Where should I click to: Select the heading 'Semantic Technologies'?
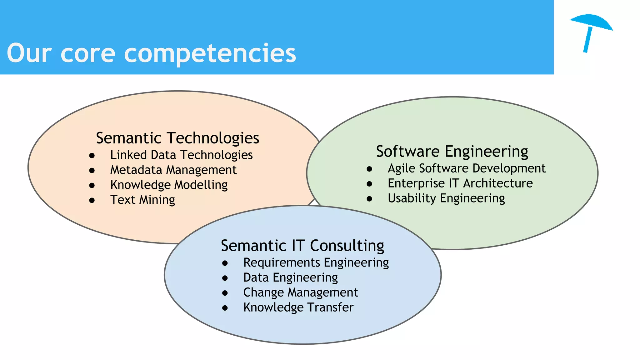point(177,138)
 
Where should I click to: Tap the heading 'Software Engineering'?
point(452,152)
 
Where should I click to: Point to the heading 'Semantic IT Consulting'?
point(302,246)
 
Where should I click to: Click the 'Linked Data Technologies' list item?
point(181,155)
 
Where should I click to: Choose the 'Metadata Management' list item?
point(173,170)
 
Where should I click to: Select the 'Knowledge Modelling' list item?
point(169,185)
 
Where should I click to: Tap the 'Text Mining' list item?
point(142,200)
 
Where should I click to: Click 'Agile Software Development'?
point(466,168)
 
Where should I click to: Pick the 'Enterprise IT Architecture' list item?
point(460,183)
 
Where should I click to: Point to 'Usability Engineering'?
point(446,198)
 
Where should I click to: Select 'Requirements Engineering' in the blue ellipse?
point(316,263)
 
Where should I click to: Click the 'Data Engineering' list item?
point(290,278)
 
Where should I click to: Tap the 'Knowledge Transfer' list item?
point(298,307)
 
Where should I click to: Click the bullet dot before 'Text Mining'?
point(92,200)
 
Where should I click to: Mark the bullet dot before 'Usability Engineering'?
point(369,199)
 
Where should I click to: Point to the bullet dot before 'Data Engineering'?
point(225,278)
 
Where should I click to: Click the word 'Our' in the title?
point(29,53)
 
